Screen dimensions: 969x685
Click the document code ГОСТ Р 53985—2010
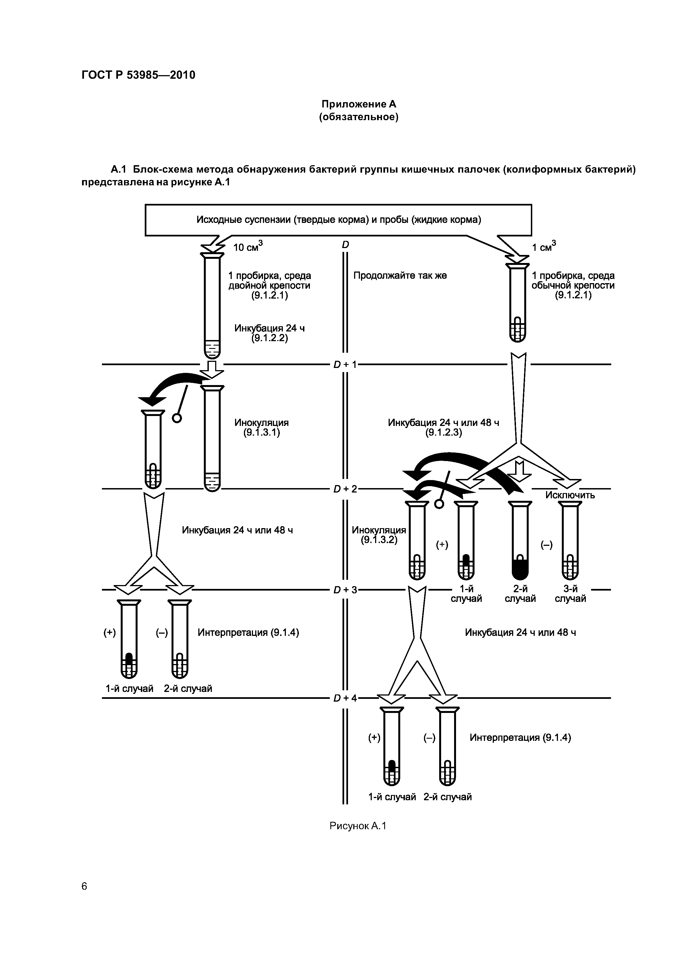(138, 75)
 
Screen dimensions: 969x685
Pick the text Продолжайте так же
(400, 276)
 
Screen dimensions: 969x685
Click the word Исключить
(570, 495)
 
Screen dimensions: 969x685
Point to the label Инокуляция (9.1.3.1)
(261, 428)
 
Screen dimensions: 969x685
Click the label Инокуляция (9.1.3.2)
(379, 535)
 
